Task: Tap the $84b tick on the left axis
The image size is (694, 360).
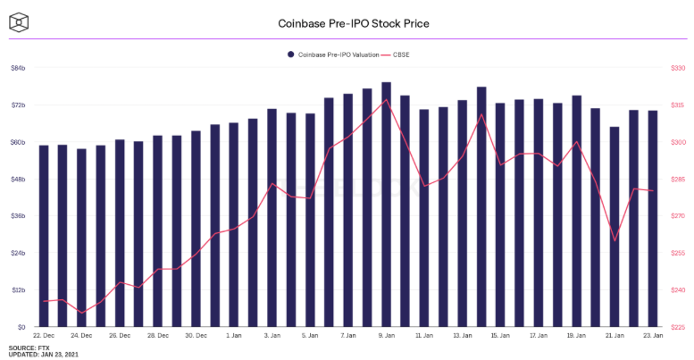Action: (x=18, y=68)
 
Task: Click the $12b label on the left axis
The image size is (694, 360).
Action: (x=18, y=290)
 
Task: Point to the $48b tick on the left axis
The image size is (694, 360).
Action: (x=18, y=179)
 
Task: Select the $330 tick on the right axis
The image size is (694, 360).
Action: (x=676, y=68)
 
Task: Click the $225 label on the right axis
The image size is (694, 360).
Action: (x=676, y=327)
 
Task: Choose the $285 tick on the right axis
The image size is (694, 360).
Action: (x=676, y=179)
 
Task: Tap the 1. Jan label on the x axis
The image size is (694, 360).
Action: (x=234, y=337)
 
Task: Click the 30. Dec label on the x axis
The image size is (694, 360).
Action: (x=196, y=337)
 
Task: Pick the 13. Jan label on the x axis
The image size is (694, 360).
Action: (x=462, y=337)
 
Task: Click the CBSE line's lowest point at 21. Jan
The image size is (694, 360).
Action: (x=615, y=240)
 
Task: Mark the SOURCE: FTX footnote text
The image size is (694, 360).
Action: (x=29, y=347)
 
